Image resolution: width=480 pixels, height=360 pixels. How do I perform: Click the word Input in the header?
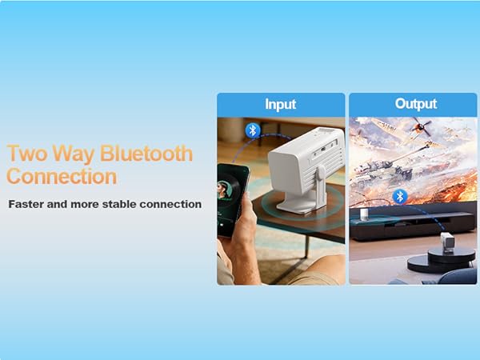[x=280, y=105]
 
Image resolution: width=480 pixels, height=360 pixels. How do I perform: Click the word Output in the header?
[x=415, y=104]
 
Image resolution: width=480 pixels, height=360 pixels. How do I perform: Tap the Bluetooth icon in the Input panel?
[x=253, y=130]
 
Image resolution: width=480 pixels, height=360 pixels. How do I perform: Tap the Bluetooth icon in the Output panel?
[x=399, y=196]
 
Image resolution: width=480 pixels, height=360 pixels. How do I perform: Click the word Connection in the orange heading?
[x=62, y=176]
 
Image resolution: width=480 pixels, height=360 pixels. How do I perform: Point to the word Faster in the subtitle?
[x=30, y=204]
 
